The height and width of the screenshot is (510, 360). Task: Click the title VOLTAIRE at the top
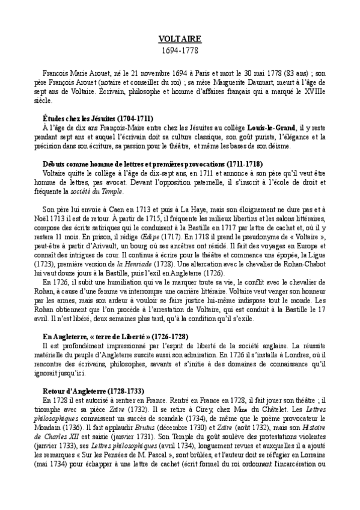(180, 39)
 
